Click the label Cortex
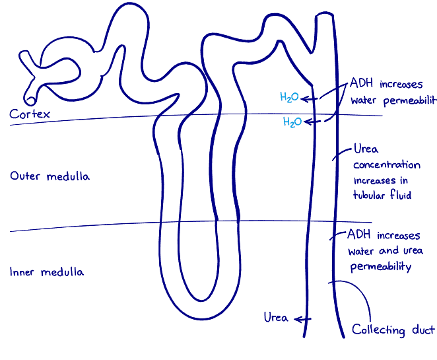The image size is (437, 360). pyautogui.click(x=30, y=114)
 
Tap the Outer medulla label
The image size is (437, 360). pyautogui.click(x=50, y=176)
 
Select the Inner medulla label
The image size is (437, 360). pyautogui.click(x=47, y=271)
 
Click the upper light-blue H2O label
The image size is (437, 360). pyautogui.click(x=289, y=98)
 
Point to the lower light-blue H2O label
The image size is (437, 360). pyautogui.click(x=292, y=122)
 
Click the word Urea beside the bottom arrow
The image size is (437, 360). pyautogui.click(x=275, y=318)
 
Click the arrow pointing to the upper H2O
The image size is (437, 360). pyautogui.click(x=311, y=98)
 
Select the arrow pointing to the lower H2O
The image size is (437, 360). pyautogui.click(x=314, y=122)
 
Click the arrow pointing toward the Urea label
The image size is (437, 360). pyautogui.click(x=302, y=319)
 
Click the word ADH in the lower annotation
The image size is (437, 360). pyautogui.click(x=359, y=235)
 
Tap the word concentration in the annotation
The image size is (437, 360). pyautogui.click(x=386, y=165)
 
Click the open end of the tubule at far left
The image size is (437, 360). pyautogui.click(x=30, y=98)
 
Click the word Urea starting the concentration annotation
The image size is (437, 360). pyautogui.click(x=366, y=149)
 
